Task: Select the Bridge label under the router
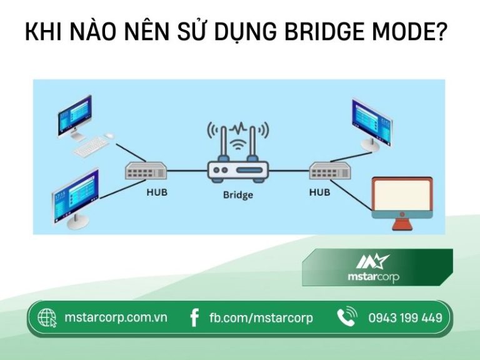click(x=238, y=195)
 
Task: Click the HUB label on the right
click(x=319, y=192)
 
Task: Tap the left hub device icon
click(x=146, y=170)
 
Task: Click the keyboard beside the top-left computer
click(x=91, y=146)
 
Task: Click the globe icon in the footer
click(x=47, y=317)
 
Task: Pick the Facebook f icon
click(x=194, y=317)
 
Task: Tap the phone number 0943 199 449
click(x=405, y=317)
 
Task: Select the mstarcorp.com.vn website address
click(x=116, y=317)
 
